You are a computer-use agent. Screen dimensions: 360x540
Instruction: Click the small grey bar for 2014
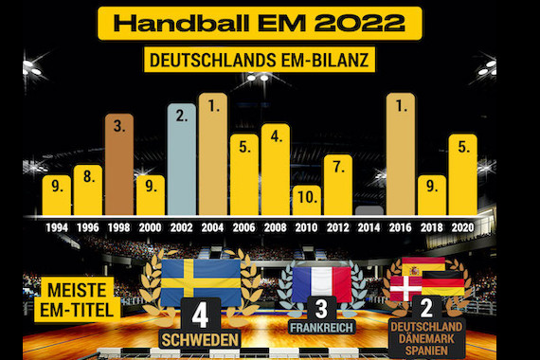tap(369, 211)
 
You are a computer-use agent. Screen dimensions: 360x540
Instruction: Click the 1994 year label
tap(56, 228)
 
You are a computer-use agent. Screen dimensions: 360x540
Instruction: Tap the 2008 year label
tap(275, 228)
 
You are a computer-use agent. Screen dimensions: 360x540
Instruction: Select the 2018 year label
tap(431, 228)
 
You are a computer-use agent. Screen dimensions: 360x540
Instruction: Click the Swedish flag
tap(200, 281)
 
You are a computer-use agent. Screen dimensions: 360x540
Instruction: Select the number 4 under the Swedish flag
tap(200, 315)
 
